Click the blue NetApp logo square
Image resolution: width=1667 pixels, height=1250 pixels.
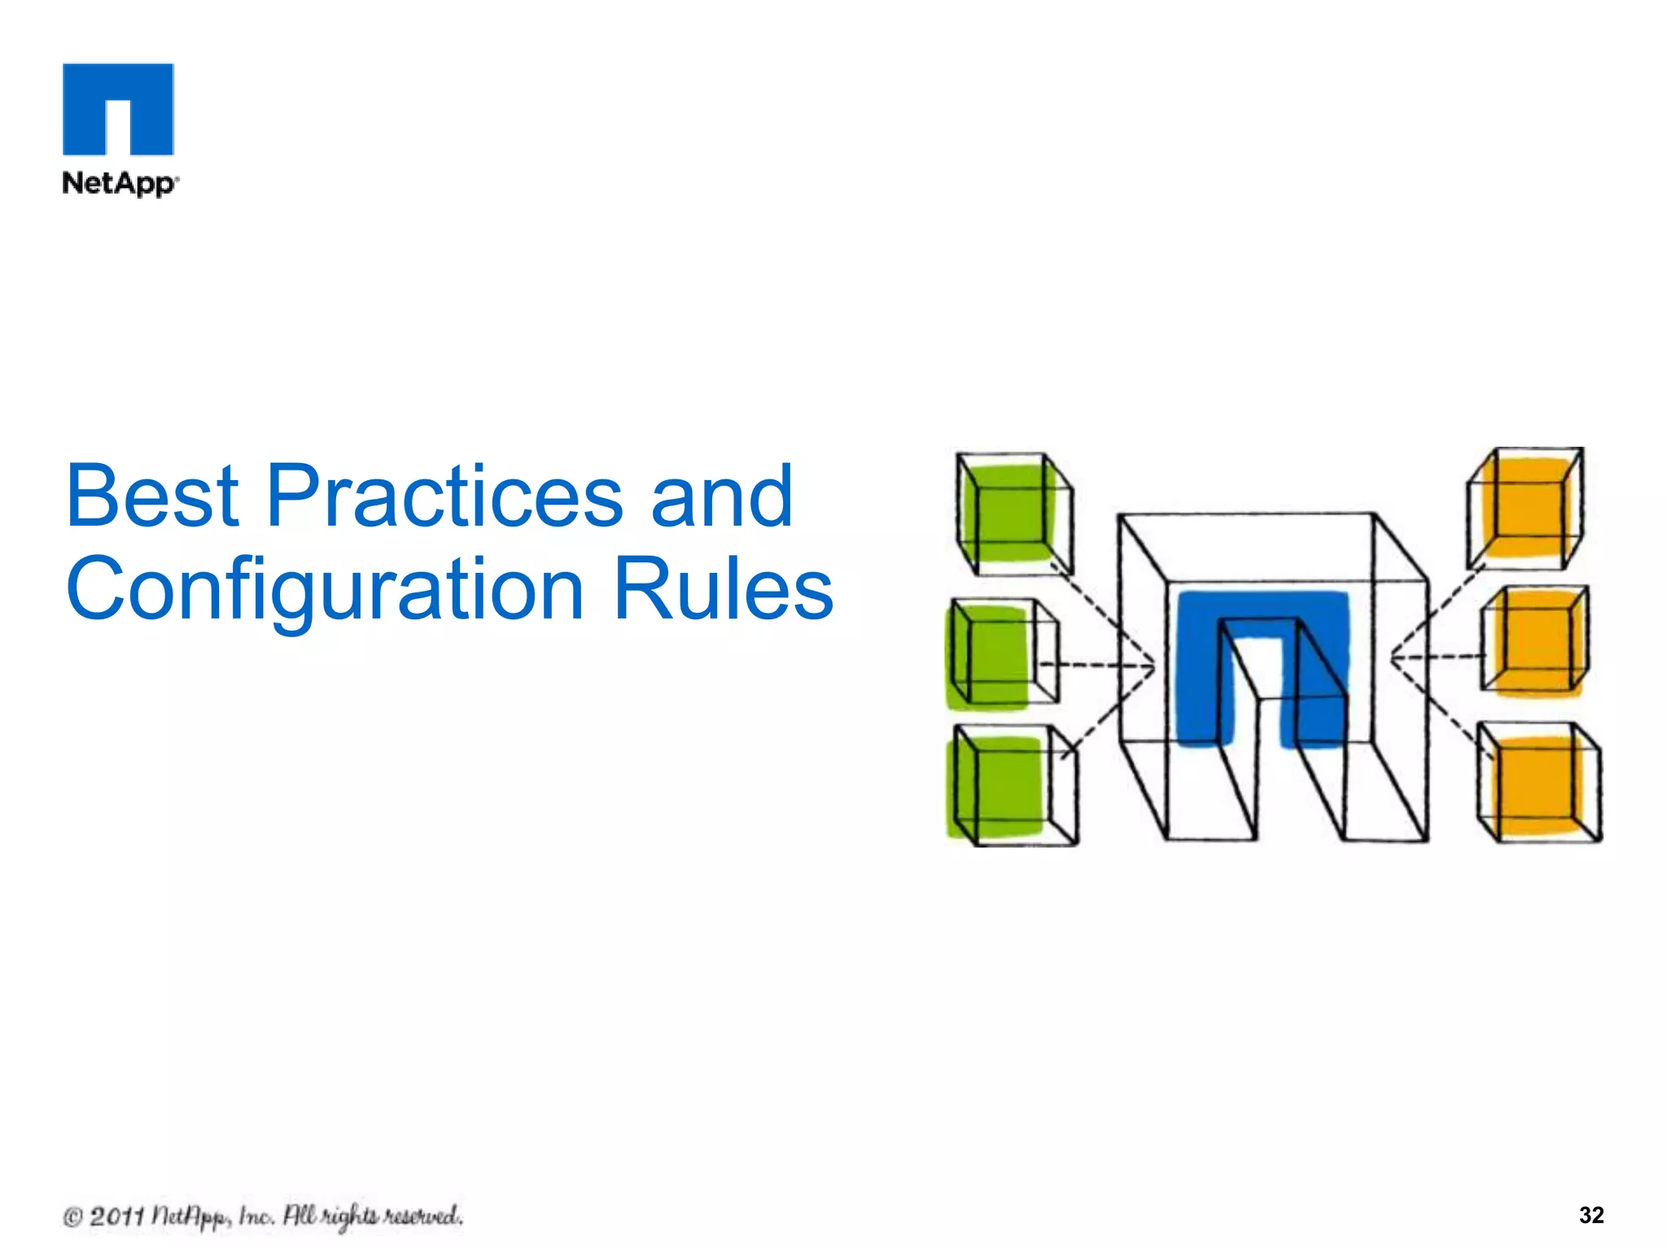pyautogui.click(x=118, y=108)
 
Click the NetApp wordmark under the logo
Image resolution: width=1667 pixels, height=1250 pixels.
pyautogui.click(x=119, y=183)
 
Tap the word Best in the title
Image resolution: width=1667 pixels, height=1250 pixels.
pyautogui.click(x=152, y=496)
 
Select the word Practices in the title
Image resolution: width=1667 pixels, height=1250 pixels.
pyautogui.click(x=444, y=496)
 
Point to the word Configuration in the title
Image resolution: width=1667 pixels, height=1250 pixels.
pyautogui.click(x=325, y=590)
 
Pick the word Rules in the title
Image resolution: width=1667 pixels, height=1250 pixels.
pyautogui.click(x=723, y=588)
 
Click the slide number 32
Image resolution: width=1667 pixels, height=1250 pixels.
pyautogui.click(x=1590, y=1215)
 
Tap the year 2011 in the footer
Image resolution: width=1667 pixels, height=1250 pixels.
pyautogui.click(x=116, y=1217)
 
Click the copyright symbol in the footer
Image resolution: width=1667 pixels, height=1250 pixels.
pyautogui.click(x=72, y=1217)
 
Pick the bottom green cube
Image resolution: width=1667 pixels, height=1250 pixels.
pyautogui.click(x=1009, y=785)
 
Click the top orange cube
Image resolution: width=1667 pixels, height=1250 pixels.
pyautogui.click(x=1525, y=507)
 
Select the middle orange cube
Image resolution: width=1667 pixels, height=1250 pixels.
pyautogui.click(x=1534, y=643)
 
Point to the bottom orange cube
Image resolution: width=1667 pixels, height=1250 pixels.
pyautogui.click(x=1538, y=784)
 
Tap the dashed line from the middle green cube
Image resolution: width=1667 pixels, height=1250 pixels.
pyautogui.click(x=1095, y=667)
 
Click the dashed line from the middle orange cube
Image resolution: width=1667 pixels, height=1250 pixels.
pyautogui.click(x=1436, y=656)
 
